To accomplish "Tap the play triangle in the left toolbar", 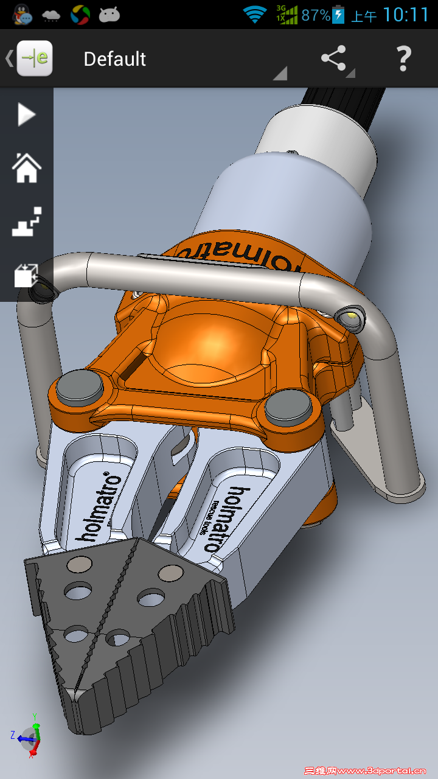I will [26, 114].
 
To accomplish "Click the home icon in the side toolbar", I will [26, 167].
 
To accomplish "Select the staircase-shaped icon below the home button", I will [26, 222].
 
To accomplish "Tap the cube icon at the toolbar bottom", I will [26, 275].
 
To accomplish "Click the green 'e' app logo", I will [35, 58].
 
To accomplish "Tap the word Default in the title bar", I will [114, 59].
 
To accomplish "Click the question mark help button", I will [403, 58].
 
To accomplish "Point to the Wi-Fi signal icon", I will [254, 15].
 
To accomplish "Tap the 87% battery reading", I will [315, 15].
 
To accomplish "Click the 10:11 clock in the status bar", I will [406, 15].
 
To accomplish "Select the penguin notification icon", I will [23, 15].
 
